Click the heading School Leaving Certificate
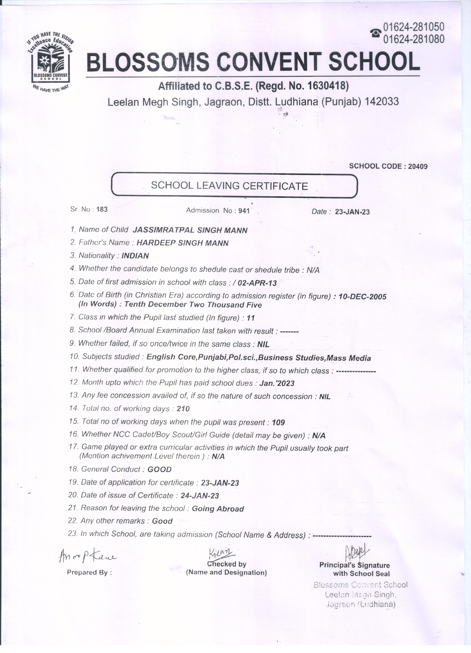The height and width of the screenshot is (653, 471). tap(229, 186)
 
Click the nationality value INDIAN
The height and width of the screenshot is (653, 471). tap(135, 256)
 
